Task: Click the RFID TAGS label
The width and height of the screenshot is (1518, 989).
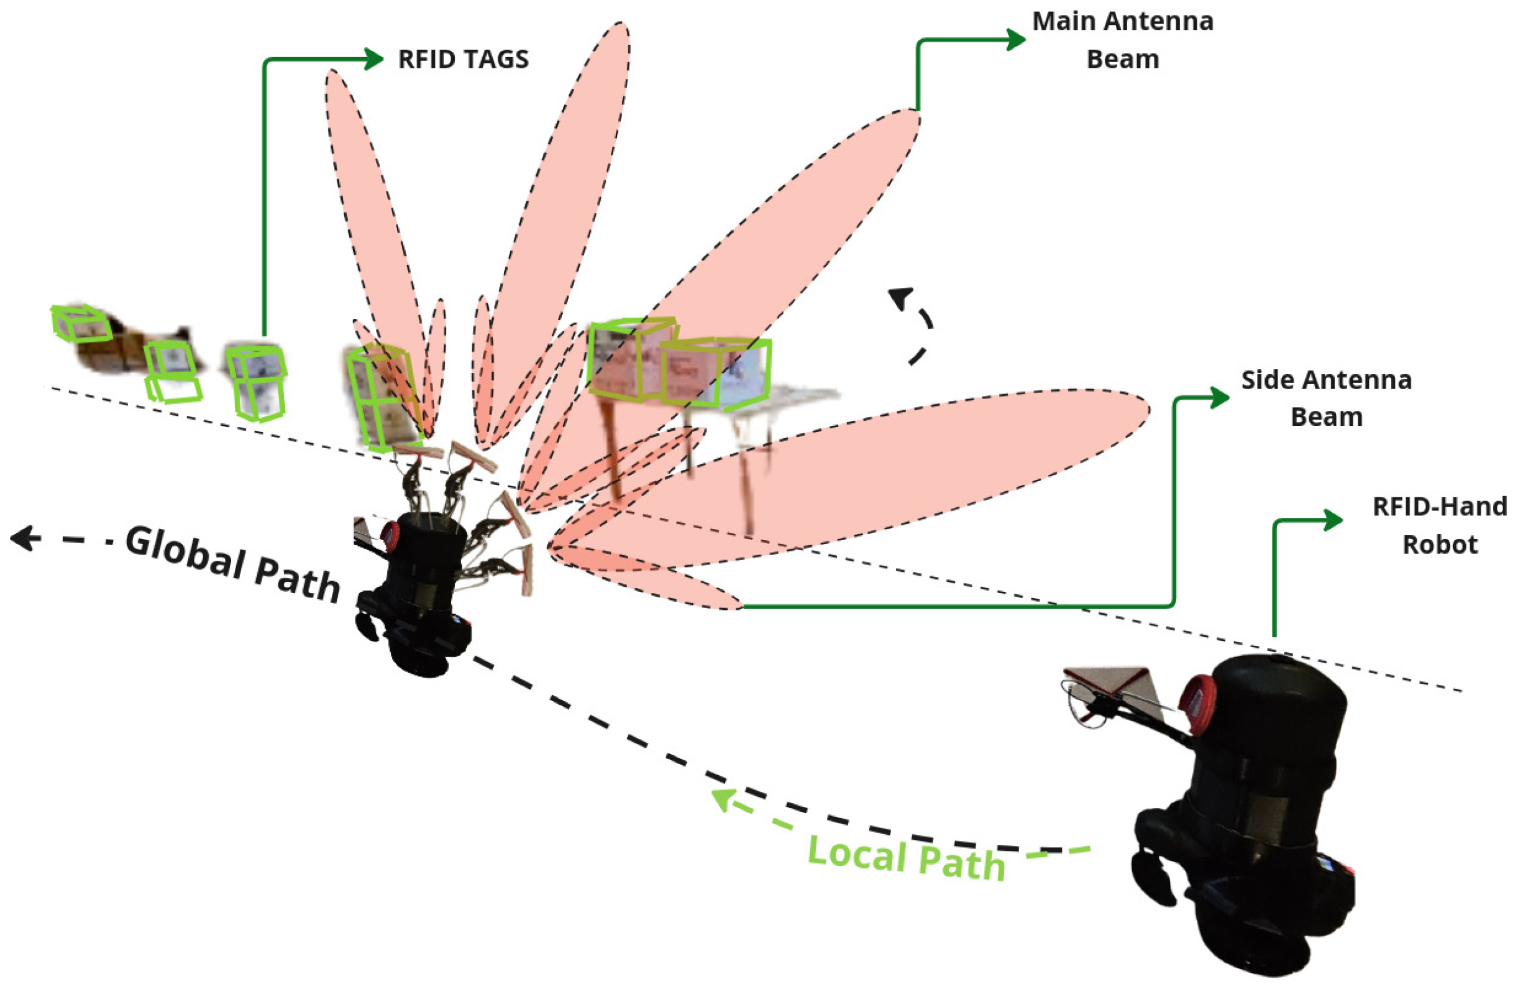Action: point(463,59)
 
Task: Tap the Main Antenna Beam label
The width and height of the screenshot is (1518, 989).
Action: point(1123,40)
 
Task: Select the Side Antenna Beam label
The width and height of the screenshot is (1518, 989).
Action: point(1326,398)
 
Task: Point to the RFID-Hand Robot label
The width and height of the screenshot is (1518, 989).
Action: point(1440,525)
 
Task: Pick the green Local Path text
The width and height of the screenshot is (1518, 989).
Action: point(906,858)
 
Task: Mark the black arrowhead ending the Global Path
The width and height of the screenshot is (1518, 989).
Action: point(23,538)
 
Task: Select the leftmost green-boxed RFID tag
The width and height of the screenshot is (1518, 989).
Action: point(80,323)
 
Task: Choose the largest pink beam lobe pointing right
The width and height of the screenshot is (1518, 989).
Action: point(893,472)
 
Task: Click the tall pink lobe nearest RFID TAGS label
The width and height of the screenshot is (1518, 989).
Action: point(377,223)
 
